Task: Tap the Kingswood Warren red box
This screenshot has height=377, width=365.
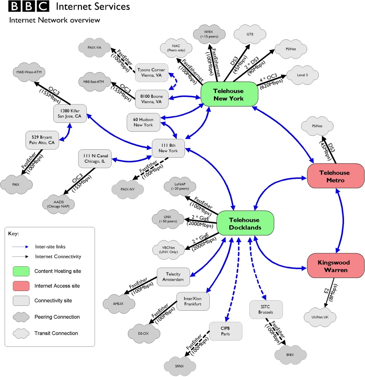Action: [x=334, y=266]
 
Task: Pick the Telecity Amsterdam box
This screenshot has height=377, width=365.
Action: [x=173, y=276]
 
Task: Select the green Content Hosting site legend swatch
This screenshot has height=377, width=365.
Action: [x=22, y=271]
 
